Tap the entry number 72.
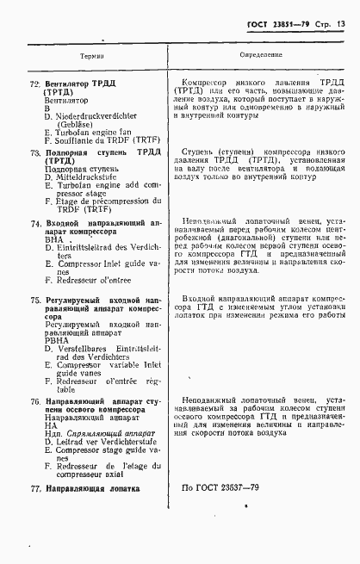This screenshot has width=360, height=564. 34,84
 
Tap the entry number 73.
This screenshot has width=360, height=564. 34,152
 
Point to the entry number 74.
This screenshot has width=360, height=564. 34,222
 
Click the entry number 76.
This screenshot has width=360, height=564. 34,401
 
